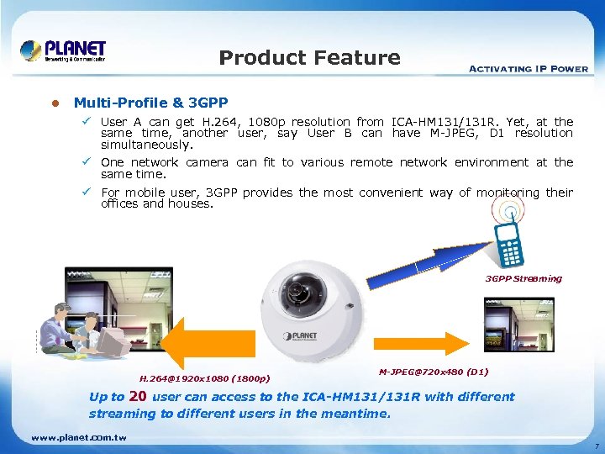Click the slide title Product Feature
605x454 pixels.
coord(309,58)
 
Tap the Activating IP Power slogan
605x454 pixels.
coord(528,68)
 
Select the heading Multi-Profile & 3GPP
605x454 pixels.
coord(150,103)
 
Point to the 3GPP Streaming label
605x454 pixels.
coord(523,278)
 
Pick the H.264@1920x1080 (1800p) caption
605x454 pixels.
coord(204,378)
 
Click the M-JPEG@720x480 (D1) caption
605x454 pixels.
coord(434,371)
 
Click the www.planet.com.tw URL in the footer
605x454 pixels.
coord(78,438)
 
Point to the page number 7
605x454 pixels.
coord(595,445)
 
